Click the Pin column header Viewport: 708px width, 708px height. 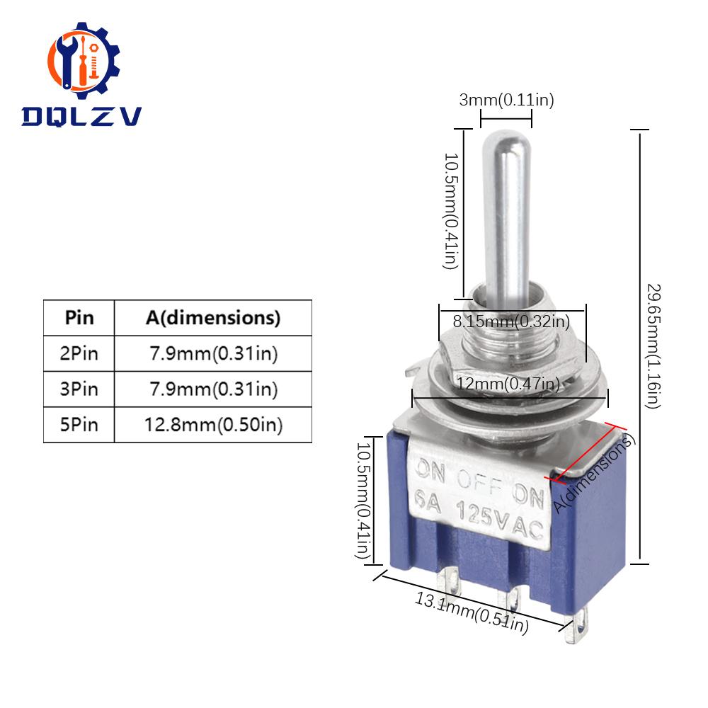click(79, 317)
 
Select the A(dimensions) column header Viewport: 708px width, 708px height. click(213, 317)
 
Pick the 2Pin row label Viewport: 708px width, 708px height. click(79, 353)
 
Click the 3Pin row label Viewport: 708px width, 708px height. click(79, 388)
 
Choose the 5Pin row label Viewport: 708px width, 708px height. click(79, 424)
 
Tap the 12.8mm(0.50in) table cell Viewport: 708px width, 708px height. click(213, 424)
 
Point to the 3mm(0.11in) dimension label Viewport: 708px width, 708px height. click(506, 101)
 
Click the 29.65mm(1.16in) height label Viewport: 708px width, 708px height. click(652, 347)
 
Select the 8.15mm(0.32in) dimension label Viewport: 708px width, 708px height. click(512, 322)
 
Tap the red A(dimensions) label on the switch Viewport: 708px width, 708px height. click(595, 474)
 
